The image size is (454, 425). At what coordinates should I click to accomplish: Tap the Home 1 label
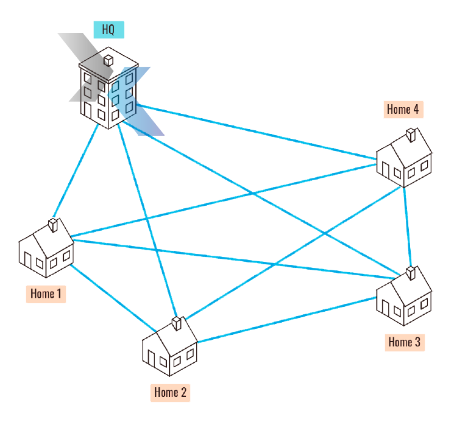point(46,293)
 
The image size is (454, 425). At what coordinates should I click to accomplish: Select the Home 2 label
point(170,392)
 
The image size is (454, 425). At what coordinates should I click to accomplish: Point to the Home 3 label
point(404,342)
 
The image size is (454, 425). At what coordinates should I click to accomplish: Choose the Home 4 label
point(402,110)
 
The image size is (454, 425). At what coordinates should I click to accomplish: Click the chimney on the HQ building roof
point(108,60)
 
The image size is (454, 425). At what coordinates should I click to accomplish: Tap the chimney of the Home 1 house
point(54,225)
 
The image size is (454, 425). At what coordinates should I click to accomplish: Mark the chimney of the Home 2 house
point(177,321)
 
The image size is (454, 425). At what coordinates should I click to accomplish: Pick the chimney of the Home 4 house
point(411,133)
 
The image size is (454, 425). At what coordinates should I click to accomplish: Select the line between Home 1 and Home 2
point(108,299)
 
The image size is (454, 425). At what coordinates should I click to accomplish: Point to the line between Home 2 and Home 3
point(286,320)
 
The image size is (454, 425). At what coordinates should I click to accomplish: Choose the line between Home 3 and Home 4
point(407,225)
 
